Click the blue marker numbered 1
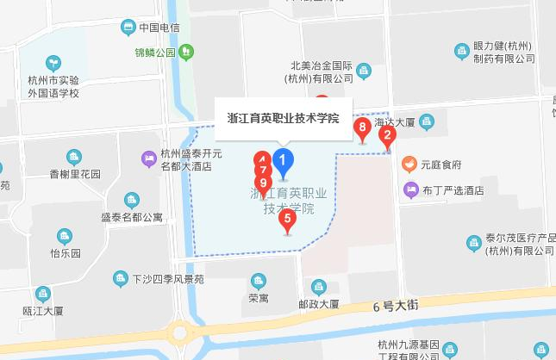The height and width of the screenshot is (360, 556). [x=283, y=160]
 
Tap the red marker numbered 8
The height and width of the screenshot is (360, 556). [x=363, y=129]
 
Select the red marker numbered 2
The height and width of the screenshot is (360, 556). [x=388, y=134]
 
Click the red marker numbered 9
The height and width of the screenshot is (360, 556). [x=264, y=183]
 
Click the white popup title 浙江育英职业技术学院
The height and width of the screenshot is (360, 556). [x=282, y=118]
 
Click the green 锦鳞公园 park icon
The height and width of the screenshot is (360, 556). [x=186, y=53]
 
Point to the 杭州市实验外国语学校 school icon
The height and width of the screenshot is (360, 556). [x=53, y=63]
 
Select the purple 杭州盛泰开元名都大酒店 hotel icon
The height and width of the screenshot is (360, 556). [x=148, y=158]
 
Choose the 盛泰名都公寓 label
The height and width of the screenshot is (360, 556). [x=131, y=217]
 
